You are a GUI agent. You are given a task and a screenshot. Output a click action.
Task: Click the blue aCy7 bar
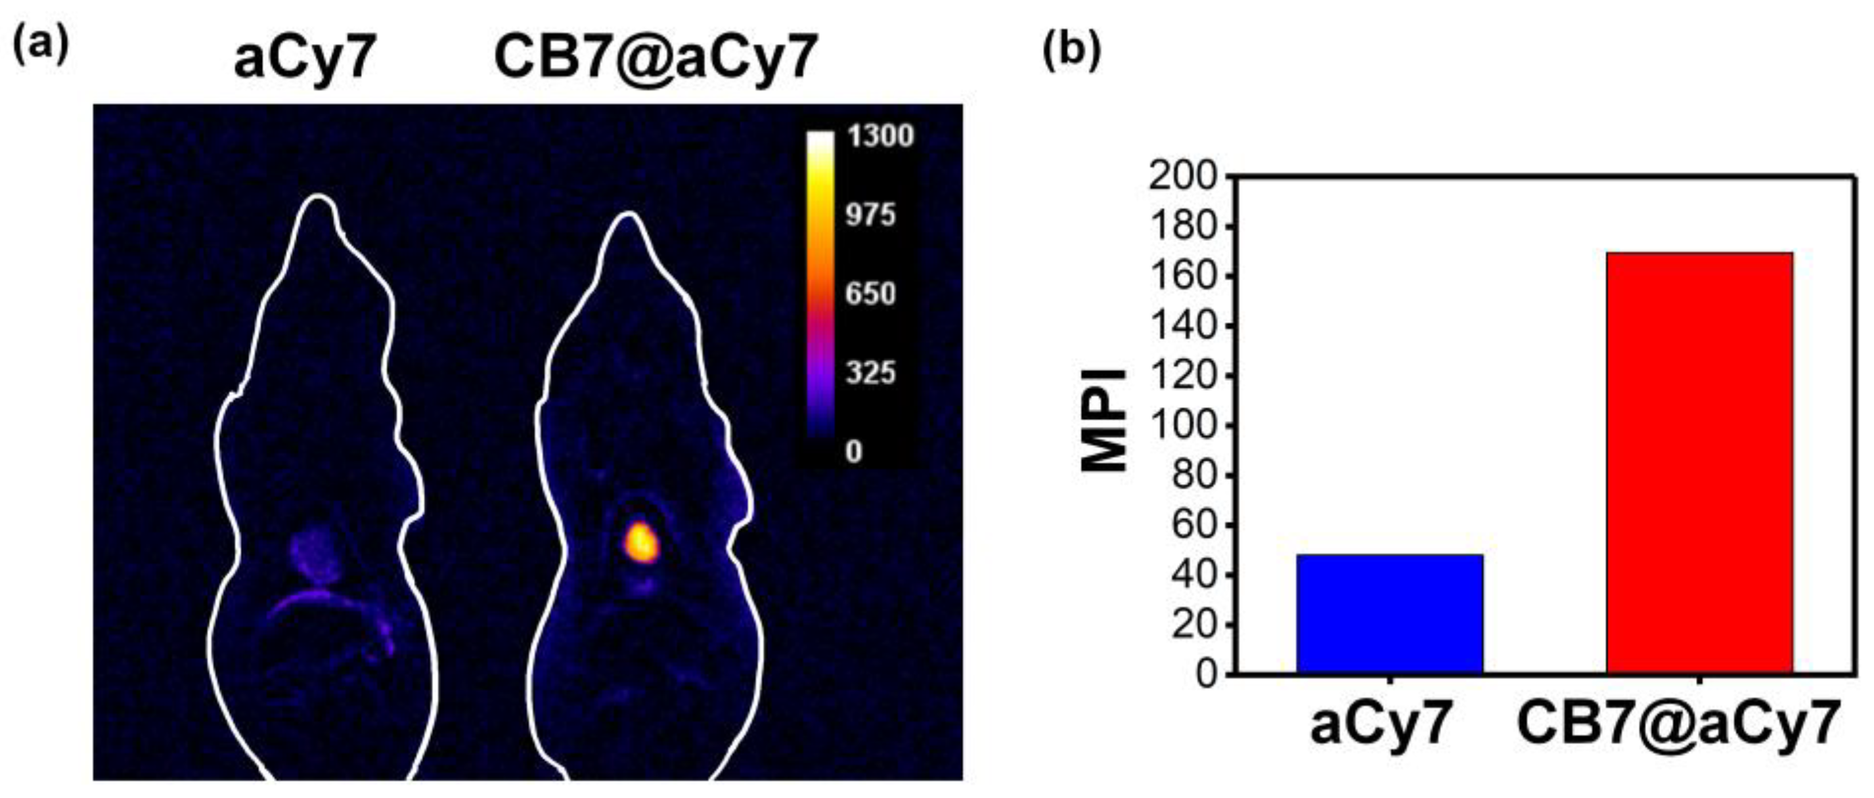coord(1389,614)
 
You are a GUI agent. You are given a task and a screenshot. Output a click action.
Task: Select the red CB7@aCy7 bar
coord(1699,462)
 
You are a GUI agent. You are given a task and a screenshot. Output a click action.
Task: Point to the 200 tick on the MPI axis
coord(1183,177)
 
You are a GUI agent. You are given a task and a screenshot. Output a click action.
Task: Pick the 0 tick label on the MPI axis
coord(1206,675)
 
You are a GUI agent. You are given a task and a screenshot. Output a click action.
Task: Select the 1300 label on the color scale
coord(880,137)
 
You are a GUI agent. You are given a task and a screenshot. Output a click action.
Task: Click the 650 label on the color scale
coord(870,294)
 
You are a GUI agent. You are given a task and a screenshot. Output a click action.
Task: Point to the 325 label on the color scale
coord(870,373)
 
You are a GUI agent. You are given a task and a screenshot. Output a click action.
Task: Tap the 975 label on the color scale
coord(870,215)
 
